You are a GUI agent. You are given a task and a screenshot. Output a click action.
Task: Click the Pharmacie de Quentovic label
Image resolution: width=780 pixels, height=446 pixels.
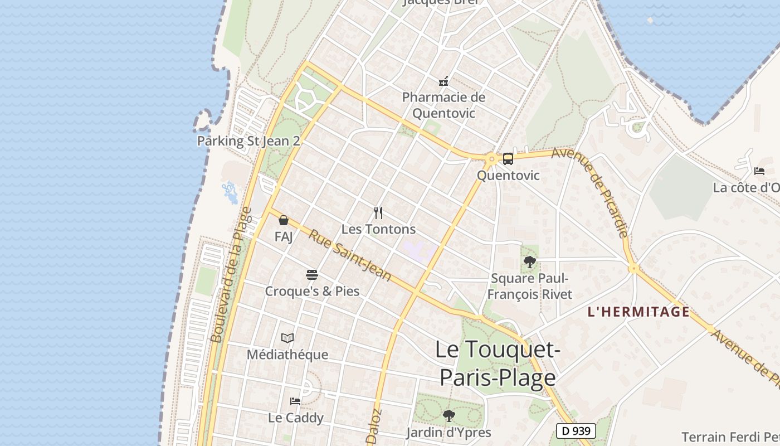(x=444, y=105)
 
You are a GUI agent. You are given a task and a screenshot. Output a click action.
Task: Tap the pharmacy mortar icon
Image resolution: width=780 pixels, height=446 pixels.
(x=443, y=81)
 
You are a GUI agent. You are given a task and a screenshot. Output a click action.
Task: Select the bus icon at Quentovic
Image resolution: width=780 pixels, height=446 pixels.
(x=508, y=159)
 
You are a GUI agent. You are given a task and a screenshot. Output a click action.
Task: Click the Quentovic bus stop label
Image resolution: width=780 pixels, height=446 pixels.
(x=508, y=176)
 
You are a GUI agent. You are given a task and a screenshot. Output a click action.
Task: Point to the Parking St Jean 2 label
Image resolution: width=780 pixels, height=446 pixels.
(x=248, y=141)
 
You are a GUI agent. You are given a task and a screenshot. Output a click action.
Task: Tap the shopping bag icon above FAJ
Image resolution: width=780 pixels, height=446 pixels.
(x=283, y=220)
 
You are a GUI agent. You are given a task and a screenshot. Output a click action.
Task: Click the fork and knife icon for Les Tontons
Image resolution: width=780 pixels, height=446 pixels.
(x=378, y=212)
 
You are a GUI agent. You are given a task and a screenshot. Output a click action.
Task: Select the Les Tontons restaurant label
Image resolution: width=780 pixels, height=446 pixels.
(x=378, y=229)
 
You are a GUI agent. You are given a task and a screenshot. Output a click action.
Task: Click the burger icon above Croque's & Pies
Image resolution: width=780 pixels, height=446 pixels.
(x=311, y=274)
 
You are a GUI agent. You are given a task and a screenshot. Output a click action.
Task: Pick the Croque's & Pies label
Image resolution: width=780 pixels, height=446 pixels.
(x=312, y=291)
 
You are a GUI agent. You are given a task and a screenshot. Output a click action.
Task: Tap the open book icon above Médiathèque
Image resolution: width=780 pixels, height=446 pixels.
(x=287, y=338)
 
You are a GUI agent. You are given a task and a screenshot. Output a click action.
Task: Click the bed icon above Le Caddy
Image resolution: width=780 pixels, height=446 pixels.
(x=295, y=401)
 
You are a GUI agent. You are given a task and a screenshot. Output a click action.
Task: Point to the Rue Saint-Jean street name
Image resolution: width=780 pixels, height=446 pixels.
(x=349, y=255)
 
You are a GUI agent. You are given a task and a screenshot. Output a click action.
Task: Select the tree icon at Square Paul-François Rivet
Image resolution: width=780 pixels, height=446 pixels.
(x=529, y=261)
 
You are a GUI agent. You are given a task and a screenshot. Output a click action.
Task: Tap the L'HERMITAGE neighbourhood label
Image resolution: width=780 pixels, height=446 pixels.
(x=638, y=312)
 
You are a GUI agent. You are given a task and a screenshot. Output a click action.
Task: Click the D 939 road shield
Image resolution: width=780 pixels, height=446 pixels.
(x=576, y=431)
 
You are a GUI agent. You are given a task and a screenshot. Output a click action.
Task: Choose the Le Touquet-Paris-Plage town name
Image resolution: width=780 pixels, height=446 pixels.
(x=498, y=363)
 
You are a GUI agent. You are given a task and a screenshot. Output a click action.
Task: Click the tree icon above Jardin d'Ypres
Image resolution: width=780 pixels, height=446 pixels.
(x=448, y=415)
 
